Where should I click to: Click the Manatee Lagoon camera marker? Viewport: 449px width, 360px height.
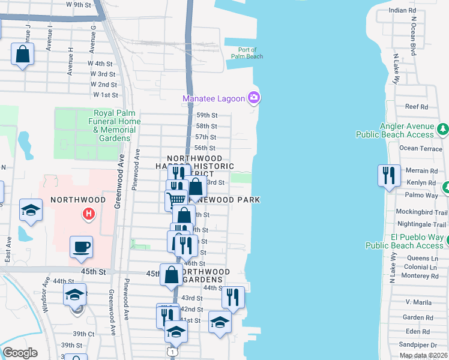click(x=254, y=97)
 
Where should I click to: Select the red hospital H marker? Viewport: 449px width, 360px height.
click(x=89, y=213)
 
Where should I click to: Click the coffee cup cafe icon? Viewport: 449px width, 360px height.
click(x=81, y=247)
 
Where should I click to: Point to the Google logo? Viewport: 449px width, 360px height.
click(x=20, y=353)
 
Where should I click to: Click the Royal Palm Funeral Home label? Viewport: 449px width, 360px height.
click(x=117, y=125)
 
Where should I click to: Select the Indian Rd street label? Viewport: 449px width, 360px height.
click(x=402, y=11)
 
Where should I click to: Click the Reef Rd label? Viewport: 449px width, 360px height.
click(x=416, y=107)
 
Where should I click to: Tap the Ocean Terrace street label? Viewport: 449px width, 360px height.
click(x=421, y=148)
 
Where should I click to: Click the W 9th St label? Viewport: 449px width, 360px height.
click(x=77, y=4)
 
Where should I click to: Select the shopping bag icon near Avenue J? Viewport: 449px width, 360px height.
click(x=22, y=54)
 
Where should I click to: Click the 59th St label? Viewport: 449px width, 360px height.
click(x=206, y=115)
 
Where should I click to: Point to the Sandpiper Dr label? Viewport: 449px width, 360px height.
click(x=421, y=345)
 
